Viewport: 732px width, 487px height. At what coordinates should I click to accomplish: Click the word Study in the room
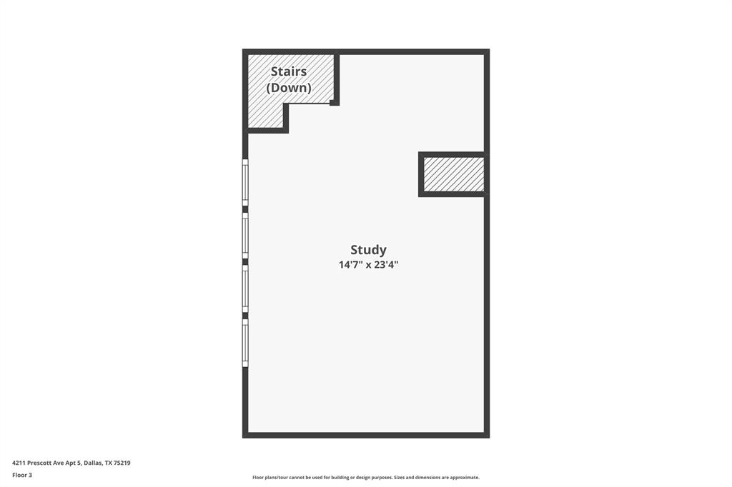tap(368, 250)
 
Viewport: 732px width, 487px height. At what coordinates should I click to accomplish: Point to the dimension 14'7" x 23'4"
tap(368, 265)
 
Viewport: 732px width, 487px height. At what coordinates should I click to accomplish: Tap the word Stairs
tap(289, 71)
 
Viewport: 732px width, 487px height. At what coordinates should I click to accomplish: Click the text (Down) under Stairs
tap(289, 88)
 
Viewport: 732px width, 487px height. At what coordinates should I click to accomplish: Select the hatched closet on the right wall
tap(453, 174)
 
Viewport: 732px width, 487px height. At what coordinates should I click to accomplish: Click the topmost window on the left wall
tap(245, 182)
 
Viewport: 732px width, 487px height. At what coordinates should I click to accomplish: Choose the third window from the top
tap(245, 288)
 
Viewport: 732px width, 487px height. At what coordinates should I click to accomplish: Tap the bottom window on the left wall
tap(245, 342)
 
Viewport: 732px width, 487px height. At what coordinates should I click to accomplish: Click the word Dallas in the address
tap(91, 463)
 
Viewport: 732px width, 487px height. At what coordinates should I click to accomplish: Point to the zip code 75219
tap(122, 463)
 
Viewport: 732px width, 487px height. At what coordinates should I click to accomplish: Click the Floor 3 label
tap(22, 475)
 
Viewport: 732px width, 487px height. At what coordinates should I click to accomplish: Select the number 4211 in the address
tap(19, 463)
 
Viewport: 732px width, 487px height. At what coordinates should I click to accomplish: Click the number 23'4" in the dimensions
tap(386, 265)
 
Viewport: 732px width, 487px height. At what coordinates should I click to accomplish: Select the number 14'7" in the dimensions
tap(350, 265)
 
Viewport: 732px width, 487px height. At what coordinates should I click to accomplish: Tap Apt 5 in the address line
tap(73, 463)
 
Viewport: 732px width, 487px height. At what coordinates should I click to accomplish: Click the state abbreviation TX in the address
tap(109, 463)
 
